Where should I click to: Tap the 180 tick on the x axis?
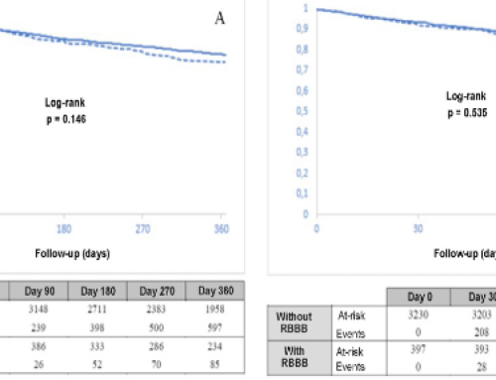pos(66,226)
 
